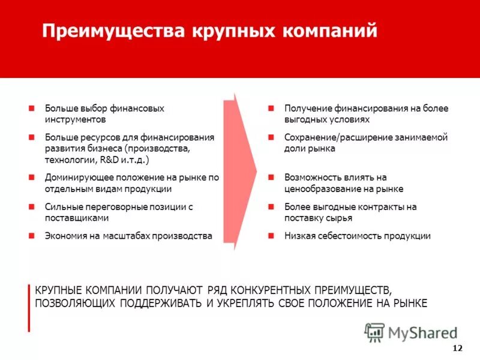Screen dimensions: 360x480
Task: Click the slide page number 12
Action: point(457,349)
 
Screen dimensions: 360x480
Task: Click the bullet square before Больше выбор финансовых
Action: point(31,109)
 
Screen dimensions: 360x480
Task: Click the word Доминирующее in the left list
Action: point(74,178)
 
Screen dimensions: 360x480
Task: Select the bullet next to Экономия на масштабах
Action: point(31,236)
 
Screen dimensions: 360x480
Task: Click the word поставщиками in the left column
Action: point(77,218)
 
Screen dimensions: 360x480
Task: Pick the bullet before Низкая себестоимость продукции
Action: point(271,236)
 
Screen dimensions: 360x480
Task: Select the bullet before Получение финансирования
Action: point(271,109)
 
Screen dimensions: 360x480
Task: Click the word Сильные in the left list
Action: point(61,207)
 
